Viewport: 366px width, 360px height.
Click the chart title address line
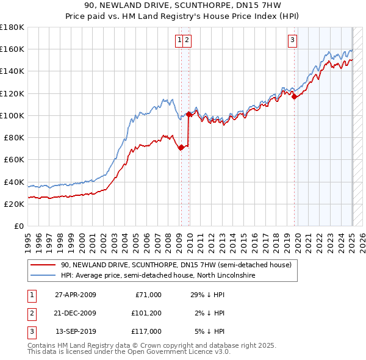pyautogui.click(x=182, y=6)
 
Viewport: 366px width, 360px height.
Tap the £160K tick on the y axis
pyautogui.click(x=12, y=49)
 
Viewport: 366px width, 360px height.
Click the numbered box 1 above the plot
pyautogui.click(x=179, y=41)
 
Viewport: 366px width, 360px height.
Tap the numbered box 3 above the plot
pyautogui.click(x=293, y=41)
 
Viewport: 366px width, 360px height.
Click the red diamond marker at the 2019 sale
pyautogui.click(x=295, y=96)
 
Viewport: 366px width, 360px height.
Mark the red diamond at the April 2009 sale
pyautogui.click(x=181, y=148)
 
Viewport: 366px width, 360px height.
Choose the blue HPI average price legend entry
pyautogui.click(x=157, y=276)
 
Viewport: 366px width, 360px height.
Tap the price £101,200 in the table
pyautogui.click(x=146, y=313)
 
